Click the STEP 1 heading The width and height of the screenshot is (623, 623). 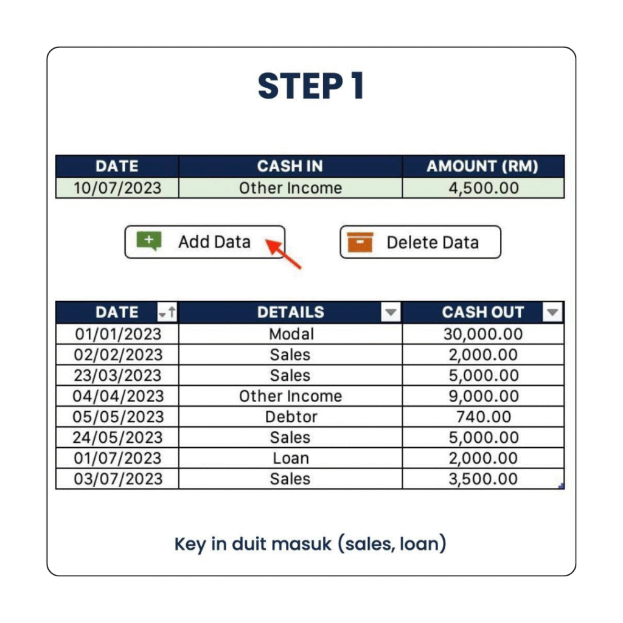pyautogui.click(x=311, y=86)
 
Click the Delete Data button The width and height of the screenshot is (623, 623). pyautogui.click(x=420, y=242)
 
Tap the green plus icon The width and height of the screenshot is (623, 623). pyautogui.click(x=149, y=241)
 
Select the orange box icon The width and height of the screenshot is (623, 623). pyautogui.click(x=360, y=242)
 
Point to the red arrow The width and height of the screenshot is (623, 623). pyautogui.click(x=284, y=254)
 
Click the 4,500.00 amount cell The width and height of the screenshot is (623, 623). pyautogui.click(x=484, y=188)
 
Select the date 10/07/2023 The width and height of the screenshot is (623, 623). pyautogui.click(x=117, y=188)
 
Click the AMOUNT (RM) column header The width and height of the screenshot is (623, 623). pyautogui.click(x=483, y=166)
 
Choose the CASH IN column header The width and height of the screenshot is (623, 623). pyautogui.click(x=290, y=166)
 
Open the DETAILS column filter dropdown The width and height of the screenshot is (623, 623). pyautogui.click(x=391, y=312)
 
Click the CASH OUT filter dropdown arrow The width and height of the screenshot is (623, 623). pyautogui.click(x=552, y=312)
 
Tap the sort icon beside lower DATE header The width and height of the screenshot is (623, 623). pyautogui.click(x=167, y=312)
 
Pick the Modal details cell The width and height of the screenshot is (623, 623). pyautogui.click(x=290, y=334)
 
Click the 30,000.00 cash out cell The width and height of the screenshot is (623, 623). pyautogui.click(x=483, y=334)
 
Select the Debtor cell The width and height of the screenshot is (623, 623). pyautogui.click(x=290, y=417)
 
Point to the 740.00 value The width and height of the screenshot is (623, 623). pyautogui.click(x=484, y=417)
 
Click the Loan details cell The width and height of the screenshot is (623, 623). pyautogui.click(x=290, y=458)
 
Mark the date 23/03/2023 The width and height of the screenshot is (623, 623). pyautogui.click(x=117, y=375)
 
